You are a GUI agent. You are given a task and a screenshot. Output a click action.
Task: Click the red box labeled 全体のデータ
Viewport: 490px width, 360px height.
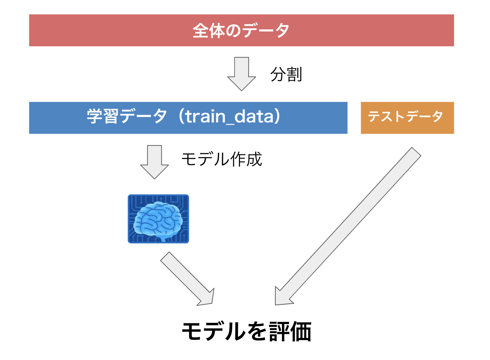click(241, 30)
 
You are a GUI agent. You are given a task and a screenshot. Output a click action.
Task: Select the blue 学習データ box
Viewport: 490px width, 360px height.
click(188, 118)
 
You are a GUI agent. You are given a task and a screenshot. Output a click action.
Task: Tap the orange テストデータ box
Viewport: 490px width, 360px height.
click(407, 118)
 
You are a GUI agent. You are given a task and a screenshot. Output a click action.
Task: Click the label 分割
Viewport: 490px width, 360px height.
click(286, 74)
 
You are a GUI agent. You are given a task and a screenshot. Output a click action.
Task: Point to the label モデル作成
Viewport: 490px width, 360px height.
click(222, 159)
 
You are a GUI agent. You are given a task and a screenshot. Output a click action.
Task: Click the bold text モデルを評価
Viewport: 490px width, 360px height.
click(246, 332)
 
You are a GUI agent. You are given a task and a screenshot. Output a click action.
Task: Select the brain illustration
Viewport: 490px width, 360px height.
click(158, 219)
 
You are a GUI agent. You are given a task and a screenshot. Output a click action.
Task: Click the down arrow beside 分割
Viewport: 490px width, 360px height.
click(241, 74)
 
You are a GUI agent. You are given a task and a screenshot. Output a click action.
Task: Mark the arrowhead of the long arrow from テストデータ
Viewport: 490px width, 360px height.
click(282, 297)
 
